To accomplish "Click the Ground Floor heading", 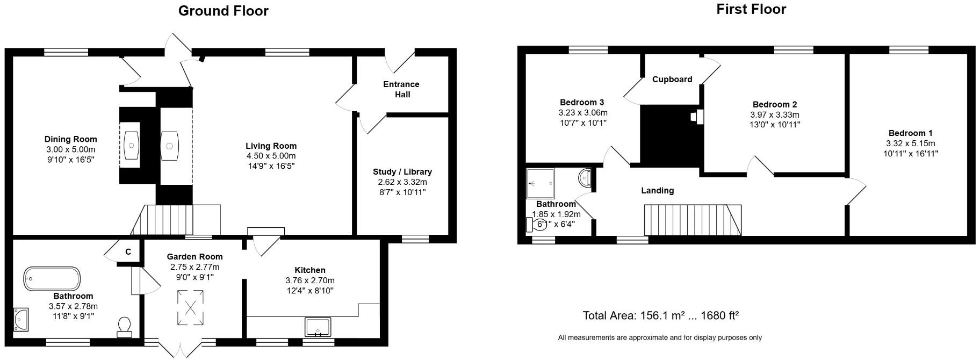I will [223, 11].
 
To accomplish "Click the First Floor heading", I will [751, 9].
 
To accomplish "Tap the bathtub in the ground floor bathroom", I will [52, 279].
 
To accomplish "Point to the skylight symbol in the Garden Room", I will [191, 307].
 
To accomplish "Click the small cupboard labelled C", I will [128, 251].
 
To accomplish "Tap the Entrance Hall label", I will [401, 89].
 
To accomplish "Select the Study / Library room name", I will [402, 172].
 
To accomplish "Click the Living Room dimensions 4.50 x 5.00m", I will [271, 156].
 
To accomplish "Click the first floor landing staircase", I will [692, 219].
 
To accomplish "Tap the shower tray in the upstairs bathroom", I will [539, 183].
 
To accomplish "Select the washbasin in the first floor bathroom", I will [585, 177].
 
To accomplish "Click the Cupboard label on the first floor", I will [672, 80].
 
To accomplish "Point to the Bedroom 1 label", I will [910, 133].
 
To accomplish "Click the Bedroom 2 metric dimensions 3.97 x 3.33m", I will [774, 115].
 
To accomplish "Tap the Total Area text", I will [660, 315].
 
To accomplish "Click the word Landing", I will [657, 191].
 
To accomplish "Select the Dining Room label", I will [70, 139].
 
